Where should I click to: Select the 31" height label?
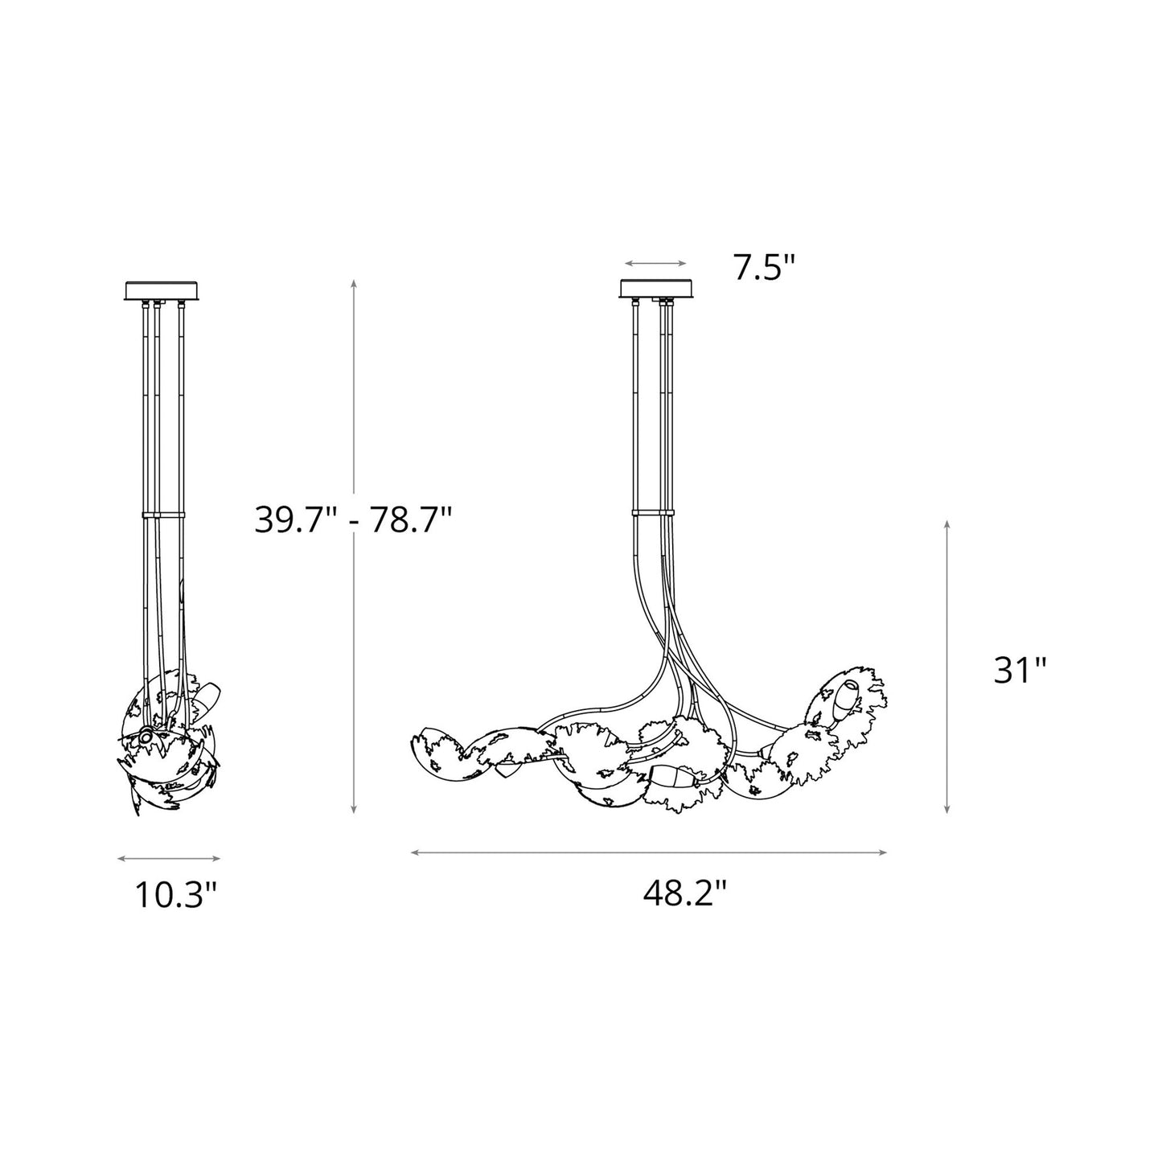[1020, 670]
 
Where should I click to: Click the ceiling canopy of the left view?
[162, 289]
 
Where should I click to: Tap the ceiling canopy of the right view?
[657, 289]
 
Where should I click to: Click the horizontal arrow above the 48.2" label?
[648, 852]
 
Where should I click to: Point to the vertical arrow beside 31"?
[948, 667]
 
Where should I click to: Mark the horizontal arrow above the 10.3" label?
[168, 859]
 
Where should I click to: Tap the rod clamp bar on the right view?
[653, 511]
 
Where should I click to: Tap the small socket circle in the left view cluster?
[146, 734]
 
